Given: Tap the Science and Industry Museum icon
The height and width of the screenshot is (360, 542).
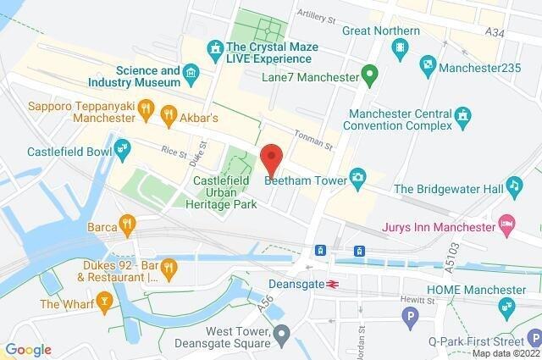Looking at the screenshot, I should tap(191, 74).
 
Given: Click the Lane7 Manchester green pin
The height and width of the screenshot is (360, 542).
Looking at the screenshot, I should tap(368, 75).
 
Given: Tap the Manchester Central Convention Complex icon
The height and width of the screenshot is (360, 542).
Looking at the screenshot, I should tap(462, 114).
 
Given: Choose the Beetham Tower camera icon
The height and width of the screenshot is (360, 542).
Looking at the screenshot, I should tap(359, 176).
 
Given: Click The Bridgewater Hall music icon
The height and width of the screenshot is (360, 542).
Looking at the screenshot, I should tap(512, 186).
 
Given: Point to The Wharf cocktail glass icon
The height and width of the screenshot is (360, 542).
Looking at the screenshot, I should tap(104, 301).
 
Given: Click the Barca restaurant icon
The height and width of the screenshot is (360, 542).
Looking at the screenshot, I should tap(127, 224).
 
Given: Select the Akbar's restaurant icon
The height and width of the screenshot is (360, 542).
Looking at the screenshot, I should tap(168, 111).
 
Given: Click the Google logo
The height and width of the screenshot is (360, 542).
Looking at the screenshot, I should tap(28, 349).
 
